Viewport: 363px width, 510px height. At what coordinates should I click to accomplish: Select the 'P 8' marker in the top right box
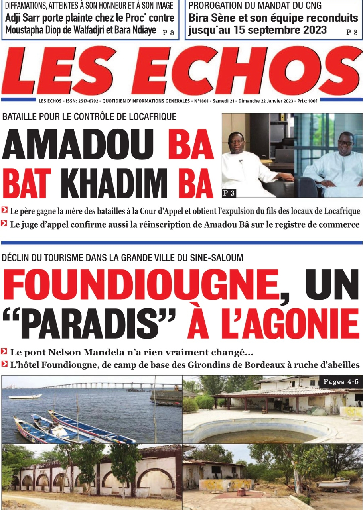coord(352,33)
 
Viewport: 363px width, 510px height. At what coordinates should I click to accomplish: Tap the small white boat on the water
coord(25,396)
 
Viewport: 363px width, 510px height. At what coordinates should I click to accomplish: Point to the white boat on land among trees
coord(333,483)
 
